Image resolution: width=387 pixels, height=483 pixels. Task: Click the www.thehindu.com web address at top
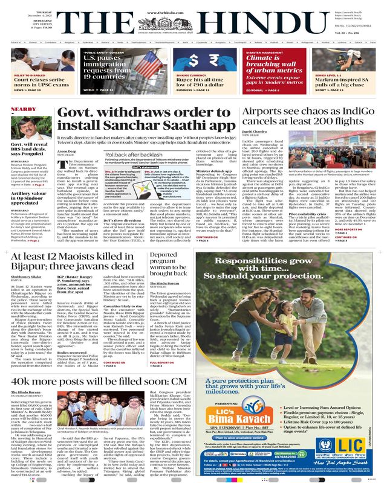coord(193,4)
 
